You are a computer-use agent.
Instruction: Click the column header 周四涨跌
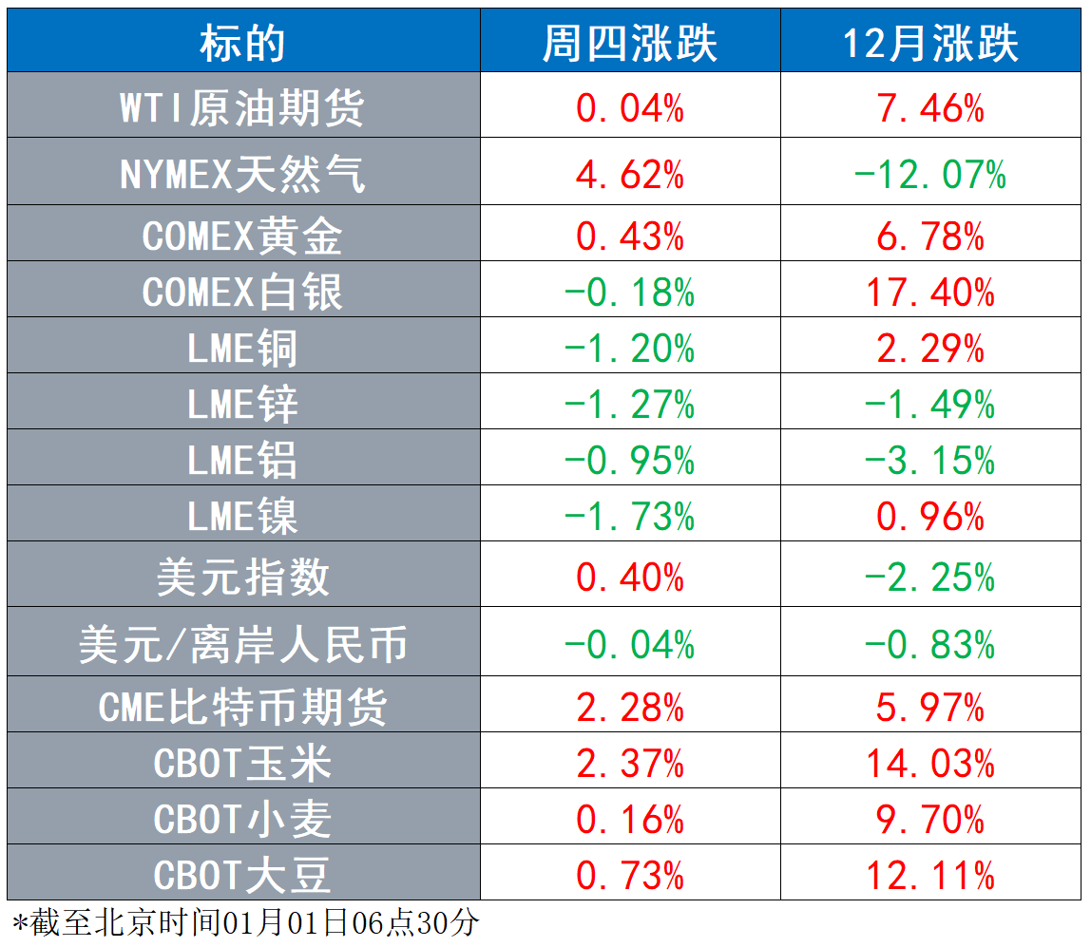click(x=630, y=43)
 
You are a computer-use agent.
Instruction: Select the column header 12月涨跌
click(x=930, y=43)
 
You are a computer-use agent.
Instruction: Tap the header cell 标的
click(x=243, y=43)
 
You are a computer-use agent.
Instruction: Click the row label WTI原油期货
click(x=242, y=108)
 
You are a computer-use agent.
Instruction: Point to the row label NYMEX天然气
click(x=242, y=174)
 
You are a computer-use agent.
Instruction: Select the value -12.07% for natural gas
click(x=930, y=174)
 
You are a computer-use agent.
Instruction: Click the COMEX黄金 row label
click(x=242, y=236)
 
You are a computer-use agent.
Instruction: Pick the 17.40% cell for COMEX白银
click(x=930, y=292)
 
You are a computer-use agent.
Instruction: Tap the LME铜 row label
click(x=242, y=349)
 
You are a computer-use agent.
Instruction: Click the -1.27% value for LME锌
click(x=630, y=405)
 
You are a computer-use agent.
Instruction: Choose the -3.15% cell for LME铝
click(x=930, y=461)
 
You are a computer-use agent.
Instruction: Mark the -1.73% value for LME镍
click(x=630, y=517)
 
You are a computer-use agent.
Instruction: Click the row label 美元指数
click(x=243, y=578)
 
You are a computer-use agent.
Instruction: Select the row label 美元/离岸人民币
click(x=243, y=645)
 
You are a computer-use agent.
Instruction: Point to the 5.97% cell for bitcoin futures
click(x=930, y=708)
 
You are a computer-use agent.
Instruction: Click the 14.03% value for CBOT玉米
click(x=930, y=764)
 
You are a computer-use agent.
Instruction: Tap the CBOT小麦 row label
click(x=242, y=820)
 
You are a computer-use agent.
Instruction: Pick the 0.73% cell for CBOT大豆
click(x=630, y=876)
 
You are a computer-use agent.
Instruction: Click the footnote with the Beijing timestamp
click(x=245, y=923)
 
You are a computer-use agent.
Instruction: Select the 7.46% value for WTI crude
click(x=930, y=108)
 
